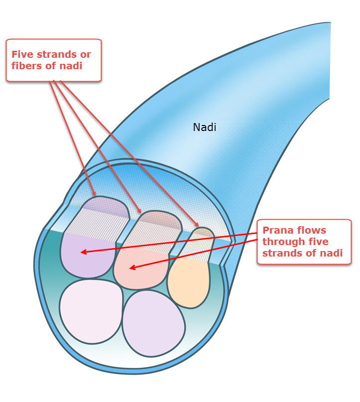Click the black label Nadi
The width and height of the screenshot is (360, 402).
point(204,128)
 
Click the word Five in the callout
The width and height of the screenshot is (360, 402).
point(23,54)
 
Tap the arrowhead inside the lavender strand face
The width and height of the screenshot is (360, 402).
point(82,253)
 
